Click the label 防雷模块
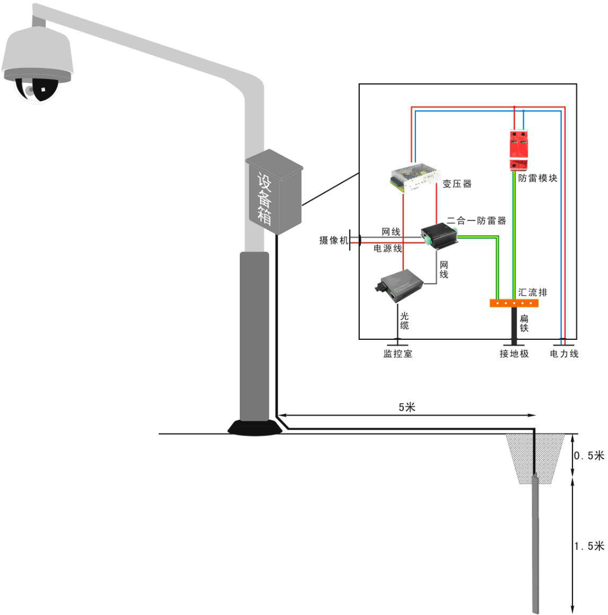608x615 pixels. tap(538, 178)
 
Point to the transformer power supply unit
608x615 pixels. tap(414, 176)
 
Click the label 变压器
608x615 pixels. tap(457, 183)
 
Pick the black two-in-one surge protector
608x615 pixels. tap(440, 234)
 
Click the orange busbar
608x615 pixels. tap(514, 303)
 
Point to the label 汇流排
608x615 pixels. tap(533, 293)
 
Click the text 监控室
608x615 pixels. tap(398, 354)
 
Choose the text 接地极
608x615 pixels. tap(514, 354)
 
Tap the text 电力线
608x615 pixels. tap(564, 354)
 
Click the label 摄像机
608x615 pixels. tap(333, 240)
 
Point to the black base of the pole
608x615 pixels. tap(254, 428)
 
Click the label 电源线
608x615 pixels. tap(388, 248)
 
